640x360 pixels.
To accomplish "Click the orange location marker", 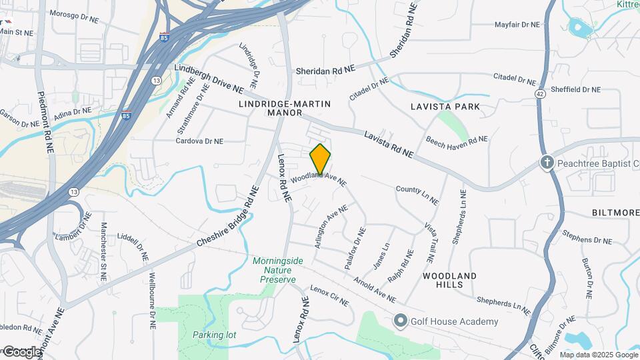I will tap(320, 159).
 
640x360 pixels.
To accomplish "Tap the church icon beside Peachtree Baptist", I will tap(547, 163).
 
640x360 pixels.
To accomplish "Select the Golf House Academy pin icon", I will tap(400, 321).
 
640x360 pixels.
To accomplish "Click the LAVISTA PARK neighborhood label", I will tap(445, 107).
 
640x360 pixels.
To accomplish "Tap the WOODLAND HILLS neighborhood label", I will tap(449, 280).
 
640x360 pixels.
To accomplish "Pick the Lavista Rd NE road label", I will tap(389, 145).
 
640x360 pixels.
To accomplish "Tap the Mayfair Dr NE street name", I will tap(517, 25).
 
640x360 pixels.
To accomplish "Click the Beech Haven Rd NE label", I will tap(457, 141).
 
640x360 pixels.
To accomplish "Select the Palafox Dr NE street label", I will tap(355, 249).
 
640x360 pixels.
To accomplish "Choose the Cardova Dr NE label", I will tap(199, 141).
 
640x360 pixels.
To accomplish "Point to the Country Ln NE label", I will tap(417, 195).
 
